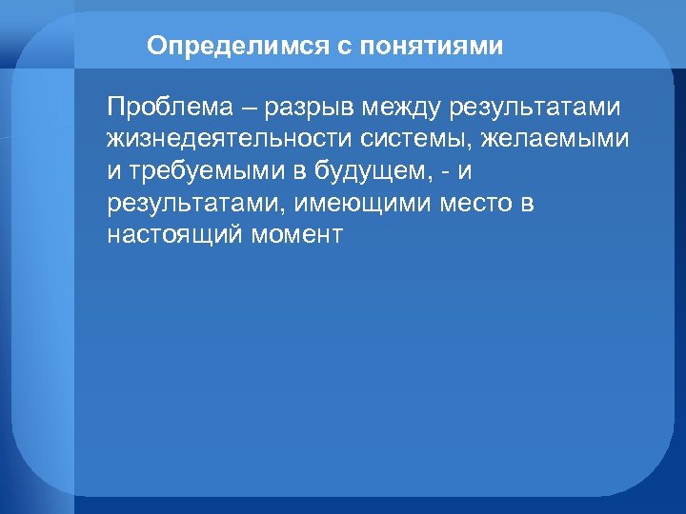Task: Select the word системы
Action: click(x=417, y=139)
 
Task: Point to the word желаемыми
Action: click(x=557, y=139)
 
